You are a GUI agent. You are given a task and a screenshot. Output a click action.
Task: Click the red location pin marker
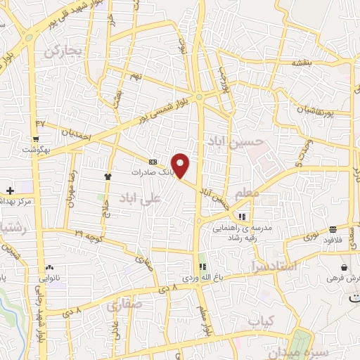coord(181,165)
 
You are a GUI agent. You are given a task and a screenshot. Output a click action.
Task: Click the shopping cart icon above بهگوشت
coord(36,139)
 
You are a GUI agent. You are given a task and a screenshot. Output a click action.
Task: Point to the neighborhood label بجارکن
coord(63,51)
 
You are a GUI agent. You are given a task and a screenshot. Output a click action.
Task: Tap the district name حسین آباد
coord(236,142)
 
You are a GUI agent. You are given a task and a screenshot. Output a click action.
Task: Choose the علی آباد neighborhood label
coord(140,198)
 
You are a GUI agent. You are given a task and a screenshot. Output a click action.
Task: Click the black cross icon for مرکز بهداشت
coord(10,191)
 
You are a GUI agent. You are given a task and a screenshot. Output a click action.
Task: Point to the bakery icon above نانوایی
coord(49,269)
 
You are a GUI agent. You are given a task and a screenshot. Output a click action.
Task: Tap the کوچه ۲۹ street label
coord(89,232)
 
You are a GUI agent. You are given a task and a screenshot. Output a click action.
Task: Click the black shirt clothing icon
coord(108,176)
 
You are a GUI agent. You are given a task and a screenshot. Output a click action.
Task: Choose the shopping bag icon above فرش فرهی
coord(343,268)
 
